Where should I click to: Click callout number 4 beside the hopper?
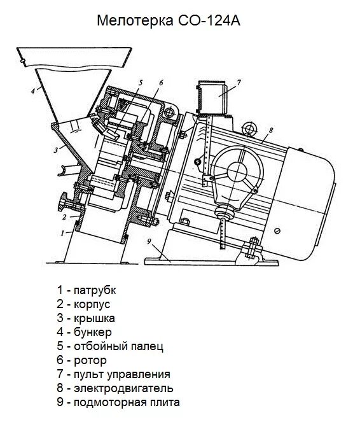coord(32,91)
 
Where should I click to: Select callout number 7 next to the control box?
coord(239,83)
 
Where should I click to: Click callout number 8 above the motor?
coord(270,130)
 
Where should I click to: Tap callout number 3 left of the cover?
coord(55,150)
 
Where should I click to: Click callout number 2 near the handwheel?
coord(64,216)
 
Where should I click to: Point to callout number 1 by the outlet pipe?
coord(62,233)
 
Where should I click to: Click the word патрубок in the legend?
coord(95,290)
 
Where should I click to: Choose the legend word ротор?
coord(90,360)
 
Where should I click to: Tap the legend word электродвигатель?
coord(123,388)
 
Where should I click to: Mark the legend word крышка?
coord(94,318)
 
